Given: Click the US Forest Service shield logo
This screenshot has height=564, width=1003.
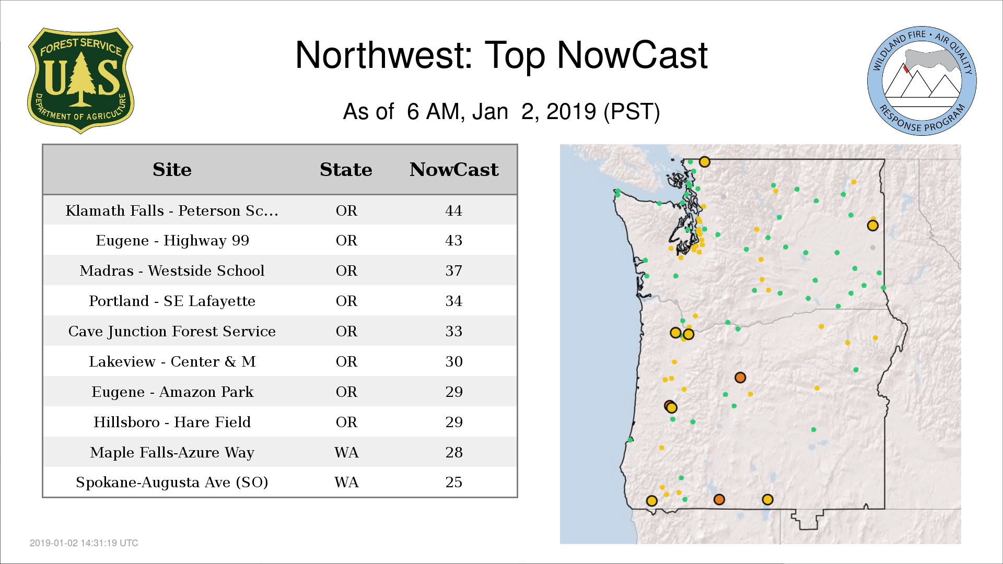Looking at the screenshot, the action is coord(80,80).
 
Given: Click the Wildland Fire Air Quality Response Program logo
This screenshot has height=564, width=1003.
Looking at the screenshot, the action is coord(922,81).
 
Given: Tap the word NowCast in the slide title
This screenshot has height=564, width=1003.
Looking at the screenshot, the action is coord(632,55).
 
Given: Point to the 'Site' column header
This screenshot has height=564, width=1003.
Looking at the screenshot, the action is coord(172,170).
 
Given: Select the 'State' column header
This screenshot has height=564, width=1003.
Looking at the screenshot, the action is coord(346,170).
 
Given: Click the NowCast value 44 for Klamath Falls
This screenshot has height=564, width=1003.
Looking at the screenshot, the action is coord(453,210).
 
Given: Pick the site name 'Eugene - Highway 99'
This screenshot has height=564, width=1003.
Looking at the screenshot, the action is coord(172,240).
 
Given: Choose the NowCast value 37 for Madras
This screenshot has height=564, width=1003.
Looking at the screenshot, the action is coord(453,271).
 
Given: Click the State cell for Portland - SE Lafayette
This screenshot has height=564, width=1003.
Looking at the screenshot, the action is coord(346,301).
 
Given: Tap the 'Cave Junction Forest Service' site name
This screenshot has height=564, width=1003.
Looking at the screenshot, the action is coord(172,331).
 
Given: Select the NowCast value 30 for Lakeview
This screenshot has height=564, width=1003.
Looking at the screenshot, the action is coord(453,361).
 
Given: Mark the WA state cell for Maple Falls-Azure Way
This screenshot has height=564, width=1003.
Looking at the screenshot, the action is coord(346,452).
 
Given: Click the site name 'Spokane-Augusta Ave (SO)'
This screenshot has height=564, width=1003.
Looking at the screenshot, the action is coord(172,482).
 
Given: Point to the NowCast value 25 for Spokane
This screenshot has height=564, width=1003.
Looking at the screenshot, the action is coord(453,482).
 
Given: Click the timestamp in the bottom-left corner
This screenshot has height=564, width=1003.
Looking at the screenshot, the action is coord(84,543).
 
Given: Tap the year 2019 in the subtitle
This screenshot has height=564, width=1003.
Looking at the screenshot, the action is coord(571,111).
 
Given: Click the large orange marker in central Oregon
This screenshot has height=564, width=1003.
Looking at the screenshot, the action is coord(740,378).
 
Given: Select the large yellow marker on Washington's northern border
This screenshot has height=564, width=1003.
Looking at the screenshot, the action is coord(705,162).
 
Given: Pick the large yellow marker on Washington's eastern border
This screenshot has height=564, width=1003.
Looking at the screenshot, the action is coord(872,226).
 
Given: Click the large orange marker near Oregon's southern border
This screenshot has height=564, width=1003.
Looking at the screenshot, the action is coord(719,500).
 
